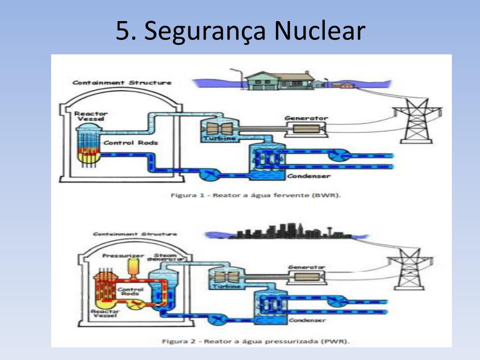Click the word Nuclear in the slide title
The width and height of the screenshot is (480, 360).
(319, 31)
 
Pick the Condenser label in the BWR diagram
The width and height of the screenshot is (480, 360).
(308, 176)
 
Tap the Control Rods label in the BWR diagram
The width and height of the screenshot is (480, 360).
(130, 142)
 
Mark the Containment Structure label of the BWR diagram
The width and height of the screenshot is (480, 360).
(122, 83)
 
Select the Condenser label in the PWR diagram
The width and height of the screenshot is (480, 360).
(307, 320)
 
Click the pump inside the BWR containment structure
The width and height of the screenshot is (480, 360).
(207, 174)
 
